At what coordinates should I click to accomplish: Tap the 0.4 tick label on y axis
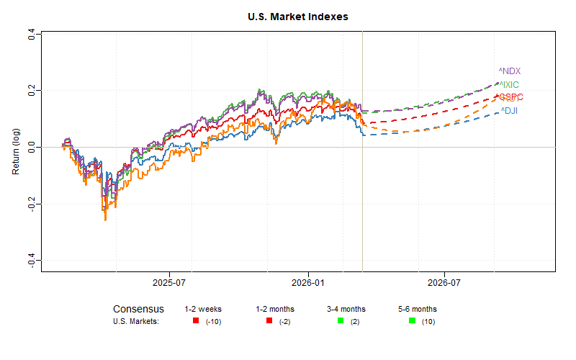point(31,35)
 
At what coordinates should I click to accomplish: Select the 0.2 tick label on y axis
point(31,91)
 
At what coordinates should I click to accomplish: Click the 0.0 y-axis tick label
point(31,147)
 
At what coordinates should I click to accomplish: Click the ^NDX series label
point(509,71)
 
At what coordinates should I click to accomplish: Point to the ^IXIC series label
point(509,85)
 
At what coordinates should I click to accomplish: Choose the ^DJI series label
point(509,111)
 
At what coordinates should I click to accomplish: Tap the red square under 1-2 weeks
point(196,320)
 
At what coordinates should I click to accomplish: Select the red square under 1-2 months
point(269,320)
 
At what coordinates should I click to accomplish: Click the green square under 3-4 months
point(341,320)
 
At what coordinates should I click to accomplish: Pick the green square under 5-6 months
point(412,320)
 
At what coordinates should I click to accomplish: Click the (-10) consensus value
point(213,321)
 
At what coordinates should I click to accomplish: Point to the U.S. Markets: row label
point(135,321)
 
